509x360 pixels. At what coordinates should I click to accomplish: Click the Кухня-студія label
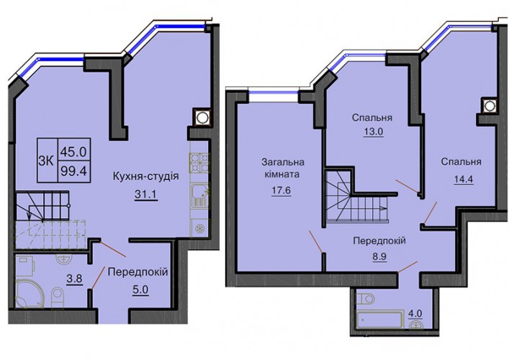click(x=145, y=176)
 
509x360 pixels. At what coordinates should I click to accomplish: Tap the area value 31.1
click(x=146, y=194)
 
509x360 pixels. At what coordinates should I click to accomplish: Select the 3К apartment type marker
click(x=46, y=161)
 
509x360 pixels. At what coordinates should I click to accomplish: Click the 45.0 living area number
click(x=73, y=152)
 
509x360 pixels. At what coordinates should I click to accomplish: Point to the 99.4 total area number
click(x=73, y=171)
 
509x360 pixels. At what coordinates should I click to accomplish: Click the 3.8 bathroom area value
click(x=75, y=279)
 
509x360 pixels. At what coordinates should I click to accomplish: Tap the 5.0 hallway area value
click(x=140, y=289)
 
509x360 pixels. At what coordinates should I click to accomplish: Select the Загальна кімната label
click(x=282, y=168)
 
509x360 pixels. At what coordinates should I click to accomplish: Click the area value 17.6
click(x=281, y=190)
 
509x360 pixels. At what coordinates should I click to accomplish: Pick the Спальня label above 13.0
click(x=372, y=117)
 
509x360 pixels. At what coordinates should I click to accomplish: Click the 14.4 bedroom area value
click(x=463, y=179)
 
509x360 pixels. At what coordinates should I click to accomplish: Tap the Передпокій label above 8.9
click(x=379, y=241)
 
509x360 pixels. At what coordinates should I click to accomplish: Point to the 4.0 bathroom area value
click(x=415, y=314)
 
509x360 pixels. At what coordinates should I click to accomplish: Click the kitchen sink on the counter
click(x=199, y=195)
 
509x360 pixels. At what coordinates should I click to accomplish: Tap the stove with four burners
click(x=199, y=162)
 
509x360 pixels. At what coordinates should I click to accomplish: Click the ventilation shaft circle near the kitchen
click(x=202, y=117)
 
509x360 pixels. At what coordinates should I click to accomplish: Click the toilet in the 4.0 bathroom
click(x=365, y=297)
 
